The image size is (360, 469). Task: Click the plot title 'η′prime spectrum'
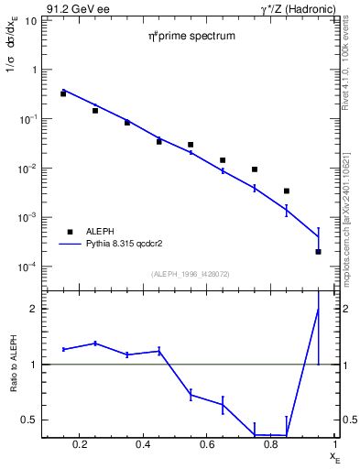tap(192, 37)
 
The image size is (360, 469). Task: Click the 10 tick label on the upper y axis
tap(29, 20)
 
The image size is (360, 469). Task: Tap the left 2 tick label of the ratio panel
tap(33, 309)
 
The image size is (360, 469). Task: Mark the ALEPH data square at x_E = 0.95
tap(319, 251)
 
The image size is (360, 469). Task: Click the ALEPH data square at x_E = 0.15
tap(63, 93)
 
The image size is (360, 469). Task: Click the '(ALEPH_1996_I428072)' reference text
tap(191, 274)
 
